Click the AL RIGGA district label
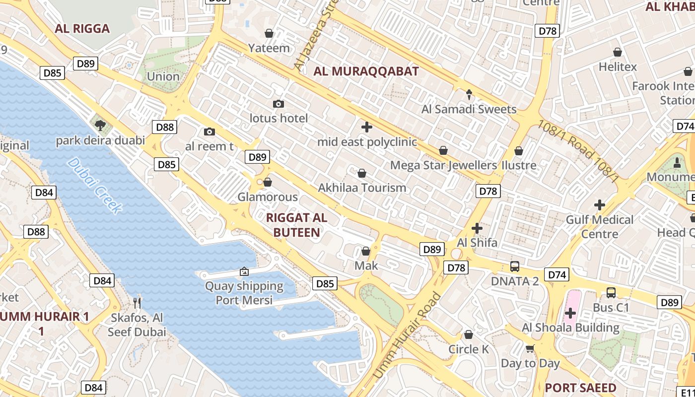[x=82, y=28]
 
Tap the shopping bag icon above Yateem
[x=269, y=33]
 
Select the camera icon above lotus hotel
[x=278, y=104]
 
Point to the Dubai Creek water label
[x=94, y=185]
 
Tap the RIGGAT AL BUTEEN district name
[x=296, y=225]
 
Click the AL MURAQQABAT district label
[x=366, y=71]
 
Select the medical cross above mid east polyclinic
[x=367, y=127]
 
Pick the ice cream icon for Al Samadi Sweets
[x=469, y=94]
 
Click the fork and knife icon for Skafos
[x=137, y=302]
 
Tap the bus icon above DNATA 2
[x=515, y=266]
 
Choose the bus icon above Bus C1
[x=611, y=293]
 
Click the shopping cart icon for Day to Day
[x=530, y=348]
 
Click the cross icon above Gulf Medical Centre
[x=600, y=204]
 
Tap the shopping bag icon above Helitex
[x=618, y=52]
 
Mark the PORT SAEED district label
[x=580, y=388]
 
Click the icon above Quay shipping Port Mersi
[x=244, y=271]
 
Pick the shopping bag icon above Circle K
[x=469, y=334]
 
